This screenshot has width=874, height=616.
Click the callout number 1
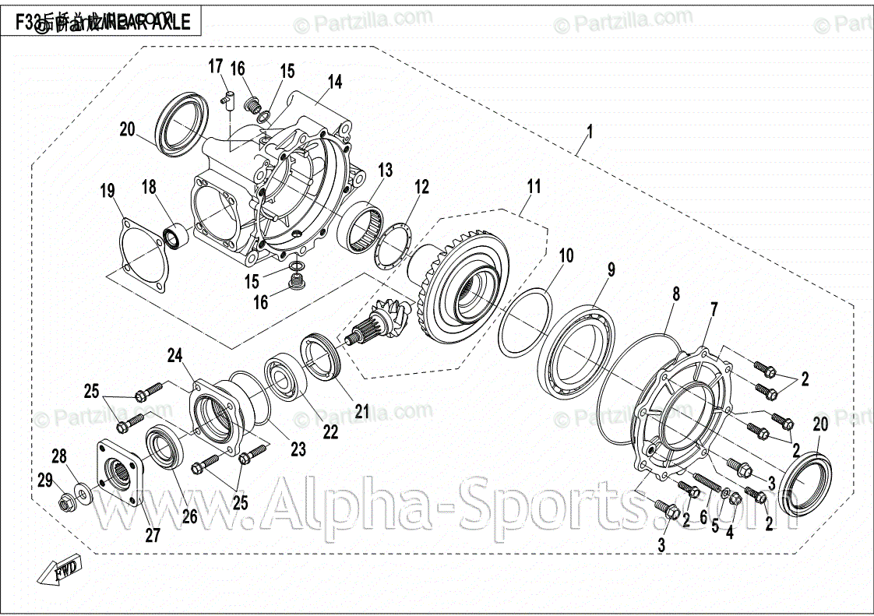tap(589, 132)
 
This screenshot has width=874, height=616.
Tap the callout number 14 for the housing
tap(335, 82)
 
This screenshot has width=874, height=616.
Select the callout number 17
tap(215, 67)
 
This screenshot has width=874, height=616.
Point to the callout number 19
tap(107, 191)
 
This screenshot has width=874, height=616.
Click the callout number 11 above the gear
tap(534, 187)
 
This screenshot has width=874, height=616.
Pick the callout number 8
tap(676, 294)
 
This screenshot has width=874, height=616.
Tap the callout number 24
tap(175, 357)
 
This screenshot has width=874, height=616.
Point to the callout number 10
tap(566, 255)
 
